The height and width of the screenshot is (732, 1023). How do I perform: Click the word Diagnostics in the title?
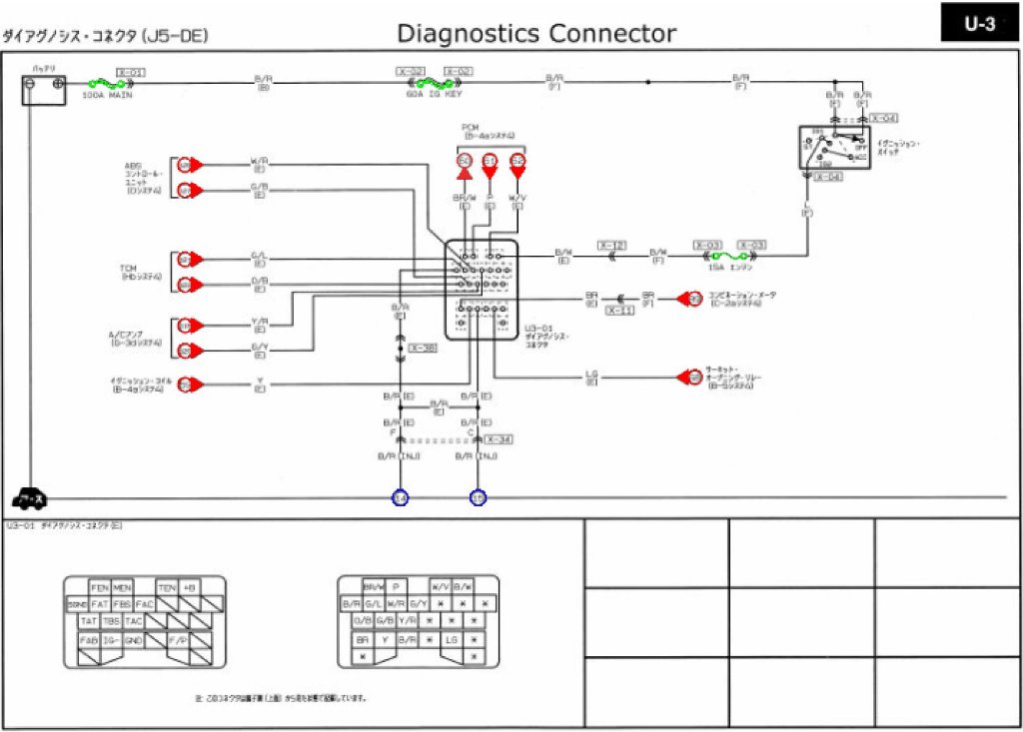(467, 33)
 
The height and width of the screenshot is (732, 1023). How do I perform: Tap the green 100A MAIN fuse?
(106, 85)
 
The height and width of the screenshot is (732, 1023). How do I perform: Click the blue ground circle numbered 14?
(400, 497)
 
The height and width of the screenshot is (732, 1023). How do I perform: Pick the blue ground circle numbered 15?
(479, 497)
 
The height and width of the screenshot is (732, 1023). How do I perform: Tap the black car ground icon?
(29, 498)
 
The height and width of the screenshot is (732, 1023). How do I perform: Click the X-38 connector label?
(423, 349)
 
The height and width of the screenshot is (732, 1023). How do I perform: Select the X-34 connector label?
(500, 439)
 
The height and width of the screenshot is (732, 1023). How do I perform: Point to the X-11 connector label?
(620, 311)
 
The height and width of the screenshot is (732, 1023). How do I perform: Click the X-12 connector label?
(612, 245)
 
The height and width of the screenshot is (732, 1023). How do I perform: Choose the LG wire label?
(591, 376)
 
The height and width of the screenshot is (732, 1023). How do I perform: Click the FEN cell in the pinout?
(99, 587)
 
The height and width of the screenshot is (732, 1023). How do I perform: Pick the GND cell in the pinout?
(134, 639)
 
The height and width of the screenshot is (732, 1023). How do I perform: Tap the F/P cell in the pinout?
(178, 639)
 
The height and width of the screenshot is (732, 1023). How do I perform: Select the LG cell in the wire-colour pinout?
(452, 638)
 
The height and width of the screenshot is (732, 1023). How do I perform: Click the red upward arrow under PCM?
(464, 174)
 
